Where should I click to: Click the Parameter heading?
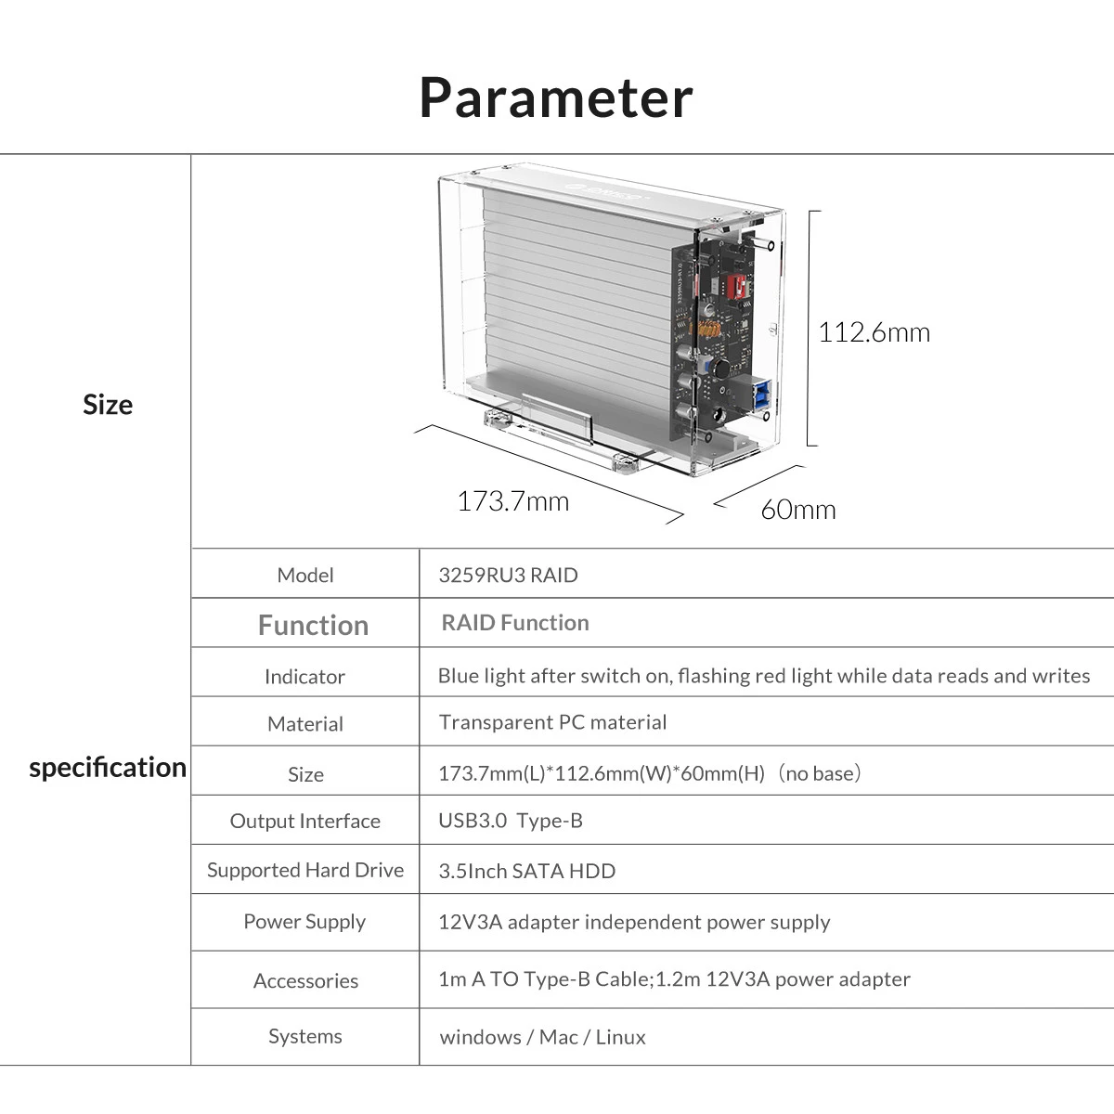pos(556,97)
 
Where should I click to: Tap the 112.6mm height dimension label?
pos(874,332)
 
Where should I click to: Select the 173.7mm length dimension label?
pos(512,501)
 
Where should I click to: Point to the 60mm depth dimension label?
pos(797,510)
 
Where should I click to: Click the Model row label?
pos(304,576)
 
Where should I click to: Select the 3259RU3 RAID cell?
pos(508,576)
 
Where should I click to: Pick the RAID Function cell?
pos(515,623)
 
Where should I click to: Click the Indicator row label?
pos(304,677)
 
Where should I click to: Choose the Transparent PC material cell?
pos(552,722)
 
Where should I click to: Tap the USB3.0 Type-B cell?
pos(511,821)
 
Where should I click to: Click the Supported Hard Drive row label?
pos(304,871)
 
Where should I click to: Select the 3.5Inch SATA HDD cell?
pos(526,871)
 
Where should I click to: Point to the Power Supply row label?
pos(304,922)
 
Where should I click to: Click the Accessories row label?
pos(305,981)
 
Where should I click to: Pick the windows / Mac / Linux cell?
pos(542,1037)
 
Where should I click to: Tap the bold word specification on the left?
pos(108,768)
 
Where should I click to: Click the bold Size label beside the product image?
pos(108,405)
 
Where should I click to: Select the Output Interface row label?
pos(304,822)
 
